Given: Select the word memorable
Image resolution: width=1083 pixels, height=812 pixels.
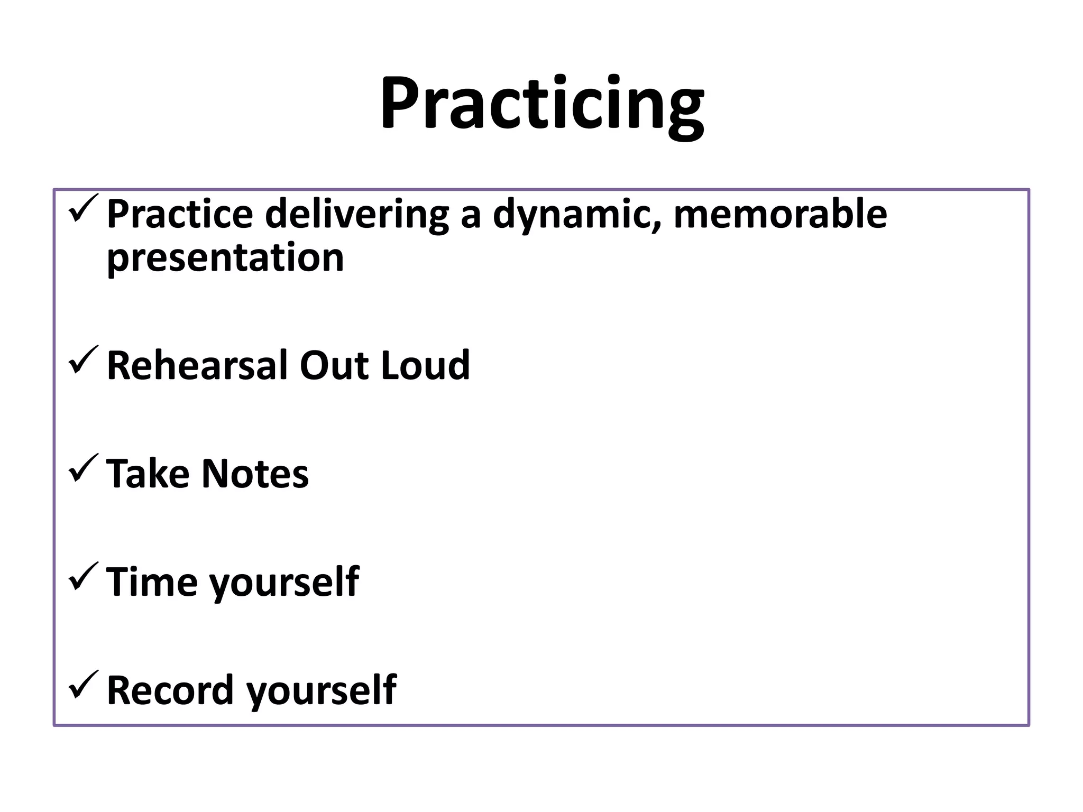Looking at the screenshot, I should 780,214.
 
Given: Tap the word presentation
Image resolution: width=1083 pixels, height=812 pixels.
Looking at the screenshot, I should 225,258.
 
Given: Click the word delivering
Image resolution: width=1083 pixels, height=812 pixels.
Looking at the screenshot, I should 356,215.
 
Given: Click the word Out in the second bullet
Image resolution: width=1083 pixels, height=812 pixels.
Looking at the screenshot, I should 334,365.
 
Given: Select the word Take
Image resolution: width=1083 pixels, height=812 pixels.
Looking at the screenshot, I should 148,474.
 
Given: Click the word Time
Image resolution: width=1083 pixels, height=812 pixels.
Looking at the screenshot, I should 151,582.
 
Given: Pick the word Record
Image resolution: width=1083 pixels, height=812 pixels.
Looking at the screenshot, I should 170,690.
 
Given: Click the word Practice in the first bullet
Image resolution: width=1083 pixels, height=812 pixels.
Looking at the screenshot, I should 180,214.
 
